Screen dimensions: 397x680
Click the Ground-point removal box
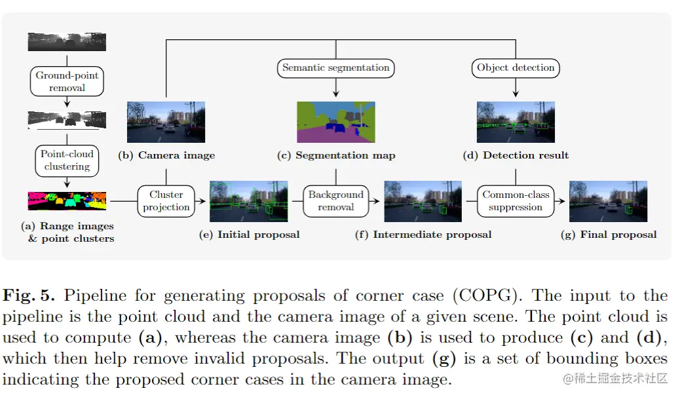(67, 81)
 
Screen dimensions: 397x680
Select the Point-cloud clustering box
(67, 161)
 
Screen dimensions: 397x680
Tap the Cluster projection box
(166, 201)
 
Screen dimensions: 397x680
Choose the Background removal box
(336, 201)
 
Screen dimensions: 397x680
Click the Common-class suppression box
(516, 201)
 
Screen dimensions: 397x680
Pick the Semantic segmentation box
(336, 67)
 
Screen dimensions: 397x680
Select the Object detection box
(516, 67)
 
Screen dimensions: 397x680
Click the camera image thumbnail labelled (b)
(166, 122)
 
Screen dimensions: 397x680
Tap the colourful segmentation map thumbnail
(336, 122)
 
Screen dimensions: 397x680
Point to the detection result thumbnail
(516, 122)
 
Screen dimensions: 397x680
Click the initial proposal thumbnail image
(249, 201)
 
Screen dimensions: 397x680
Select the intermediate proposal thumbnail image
(423, 201)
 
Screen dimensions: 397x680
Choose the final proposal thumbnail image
(608, 201)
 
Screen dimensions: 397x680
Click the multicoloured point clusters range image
(67, 200)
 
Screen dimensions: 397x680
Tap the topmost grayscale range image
(67, 42)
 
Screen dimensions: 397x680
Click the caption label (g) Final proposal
(609, 234)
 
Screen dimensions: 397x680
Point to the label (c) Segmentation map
(336, 155)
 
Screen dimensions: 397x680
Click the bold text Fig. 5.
(29, 295)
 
